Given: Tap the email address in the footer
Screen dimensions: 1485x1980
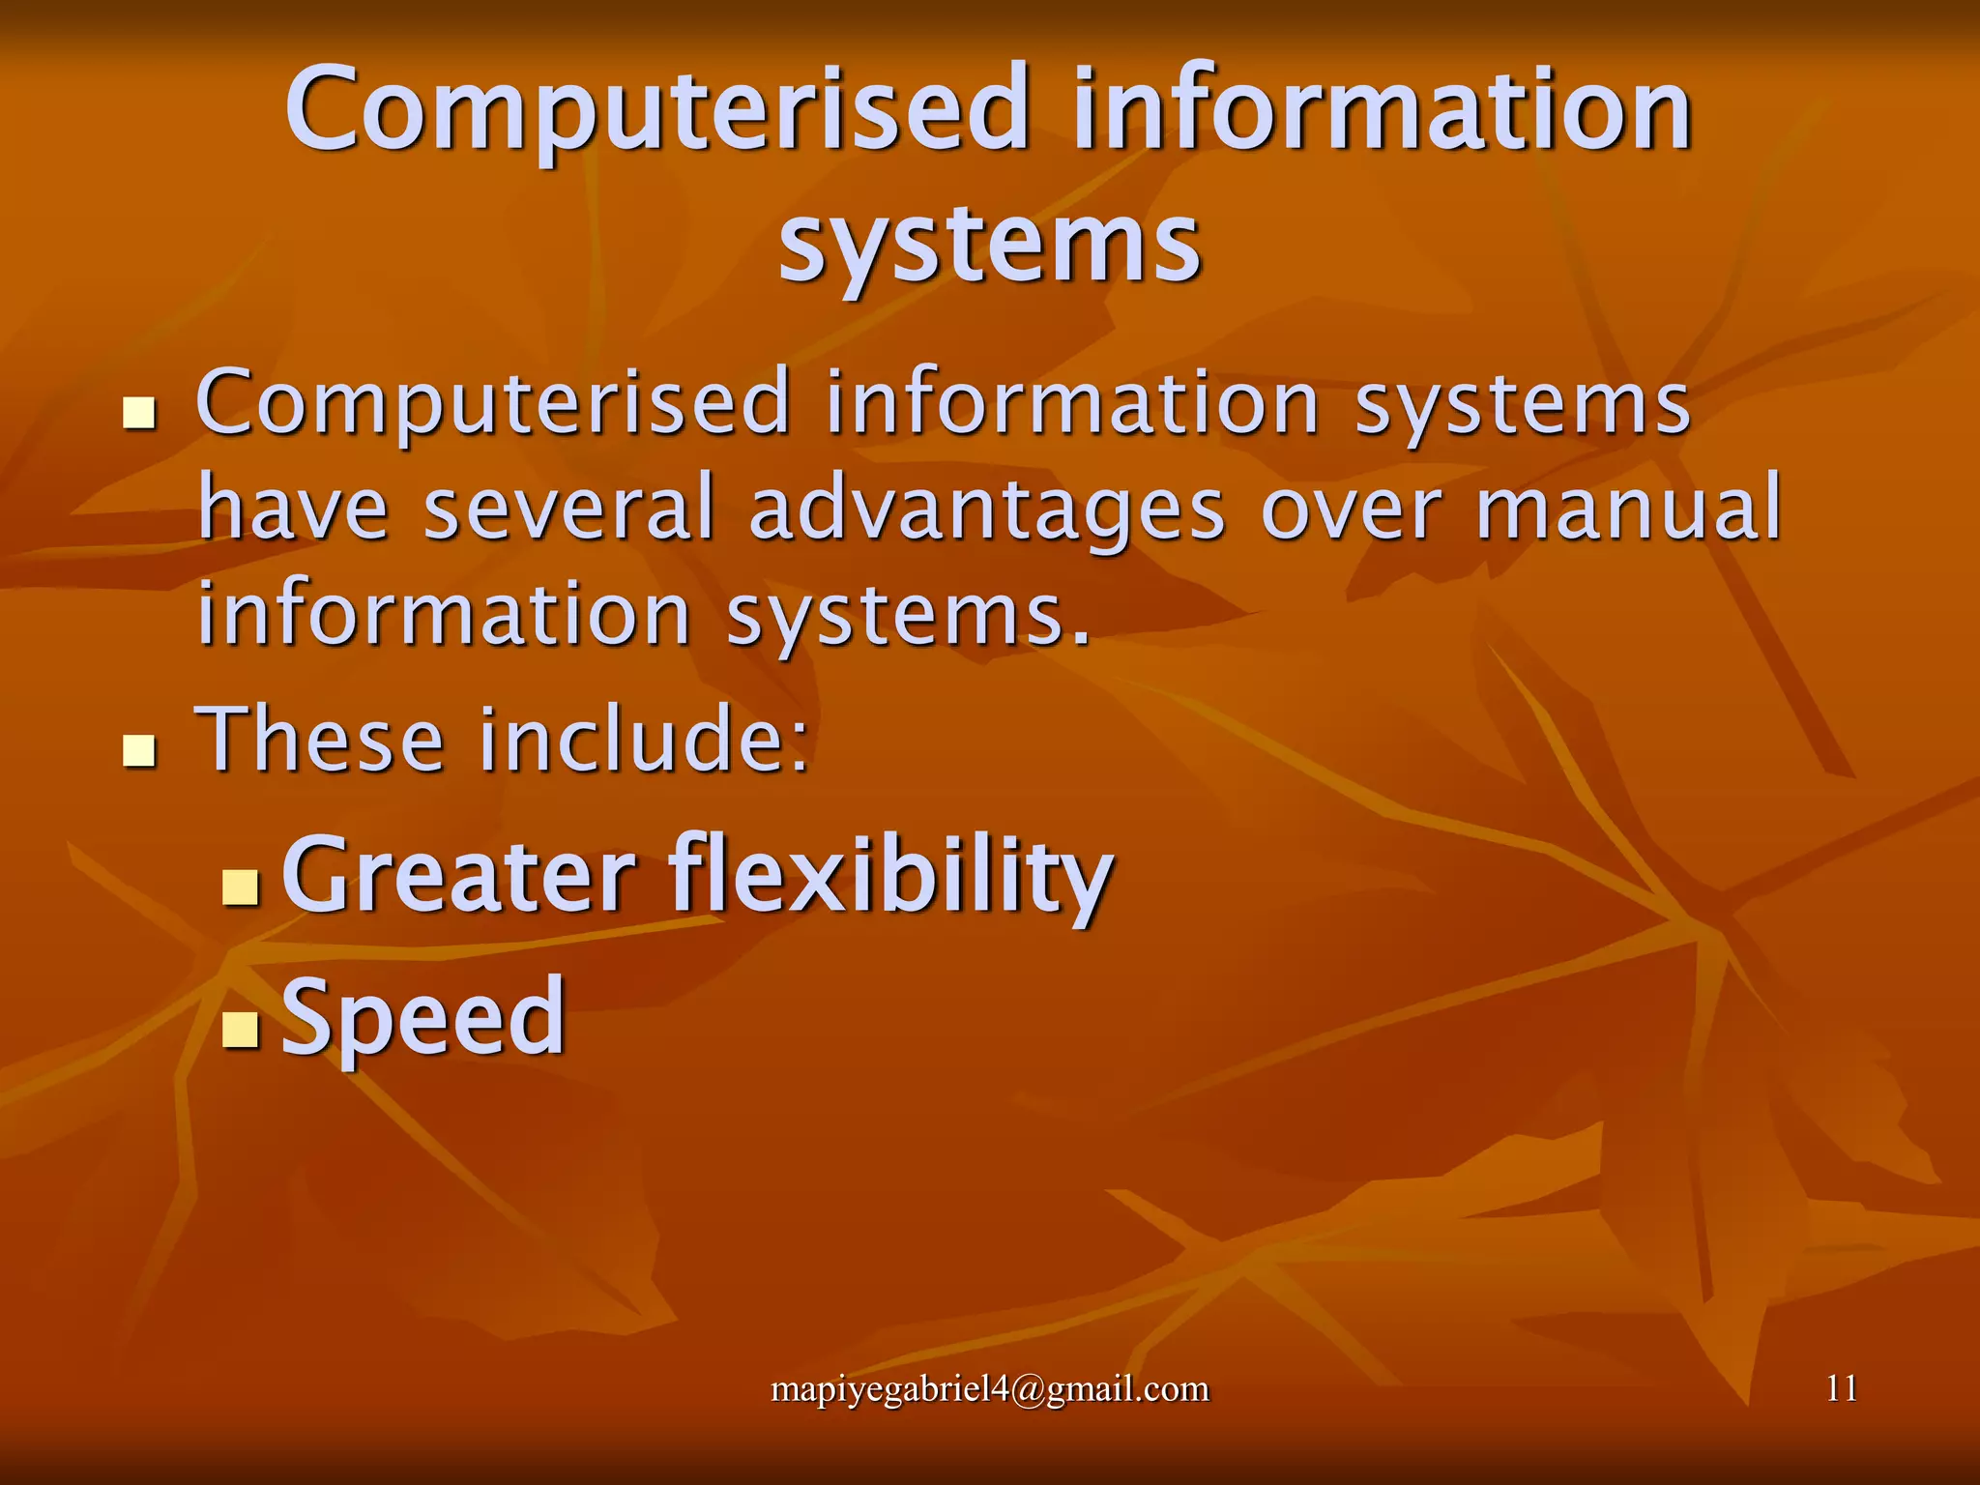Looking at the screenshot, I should [990, 1389].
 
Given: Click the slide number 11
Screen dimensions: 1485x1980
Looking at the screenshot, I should [1842, 1389].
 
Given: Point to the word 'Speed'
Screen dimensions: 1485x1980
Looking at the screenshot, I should [422, 1017].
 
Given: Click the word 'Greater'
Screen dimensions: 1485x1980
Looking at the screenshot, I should [458, 876].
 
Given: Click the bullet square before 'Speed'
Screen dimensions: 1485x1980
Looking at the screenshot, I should [240, 1029].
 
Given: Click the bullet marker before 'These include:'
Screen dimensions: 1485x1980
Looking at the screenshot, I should [140, 749].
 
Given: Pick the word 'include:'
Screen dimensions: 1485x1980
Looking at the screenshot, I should [645, 740].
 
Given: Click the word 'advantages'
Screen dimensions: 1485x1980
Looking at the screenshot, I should [986, 510].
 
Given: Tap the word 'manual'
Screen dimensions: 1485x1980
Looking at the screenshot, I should [1628, 509].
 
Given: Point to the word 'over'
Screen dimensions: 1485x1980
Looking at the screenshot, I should [1351, 510].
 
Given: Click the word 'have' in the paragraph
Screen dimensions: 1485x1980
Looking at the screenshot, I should [293, 509].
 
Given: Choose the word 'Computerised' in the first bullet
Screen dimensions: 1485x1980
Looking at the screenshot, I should [493, 404].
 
